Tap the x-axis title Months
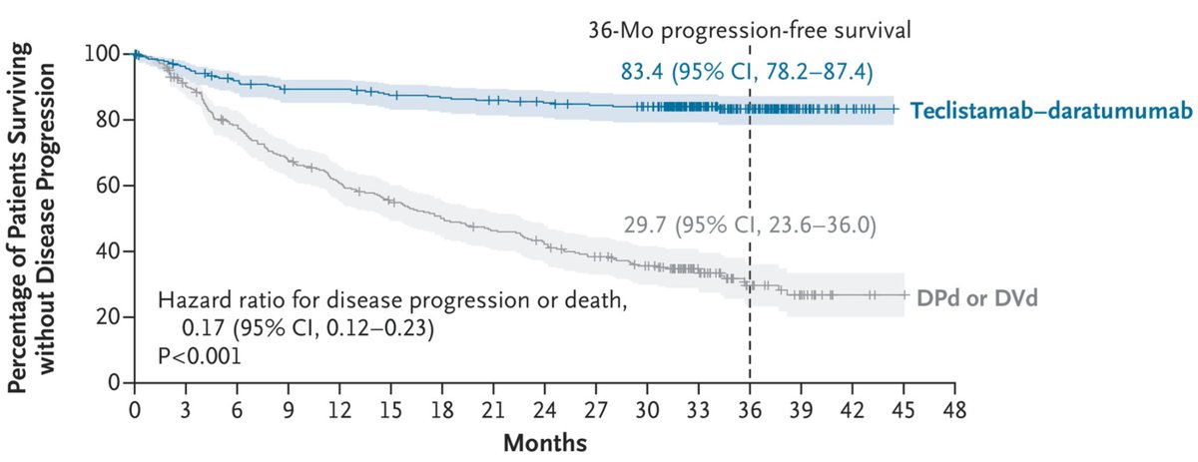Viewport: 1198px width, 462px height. tap(544, 439)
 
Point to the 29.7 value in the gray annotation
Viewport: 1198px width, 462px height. tap(636, 226)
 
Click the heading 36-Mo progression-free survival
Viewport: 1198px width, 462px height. tap(750, 30)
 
